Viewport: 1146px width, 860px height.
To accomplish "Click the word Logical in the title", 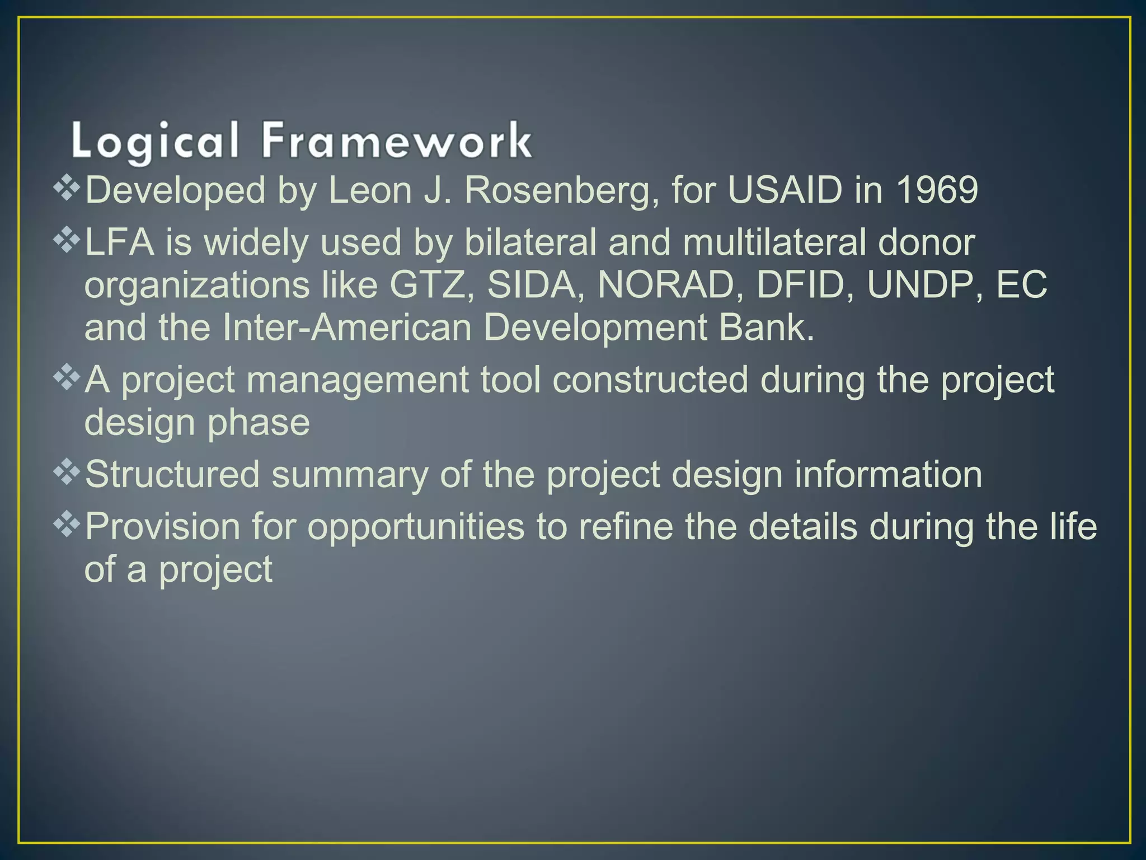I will click(155, 141).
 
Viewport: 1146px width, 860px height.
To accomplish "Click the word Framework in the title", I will click(396, 141).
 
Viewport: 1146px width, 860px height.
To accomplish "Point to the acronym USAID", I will click(785, 190).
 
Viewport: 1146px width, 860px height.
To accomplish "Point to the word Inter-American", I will click(347, 328).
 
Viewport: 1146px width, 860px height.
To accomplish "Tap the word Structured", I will click(172, 474).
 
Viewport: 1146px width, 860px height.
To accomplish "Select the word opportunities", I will click(416, 527).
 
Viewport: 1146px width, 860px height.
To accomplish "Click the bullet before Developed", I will click(67, 189).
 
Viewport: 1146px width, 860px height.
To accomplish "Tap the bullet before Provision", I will click(67, 525).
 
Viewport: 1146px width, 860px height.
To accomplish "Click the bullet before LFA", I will click(67, 241).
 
